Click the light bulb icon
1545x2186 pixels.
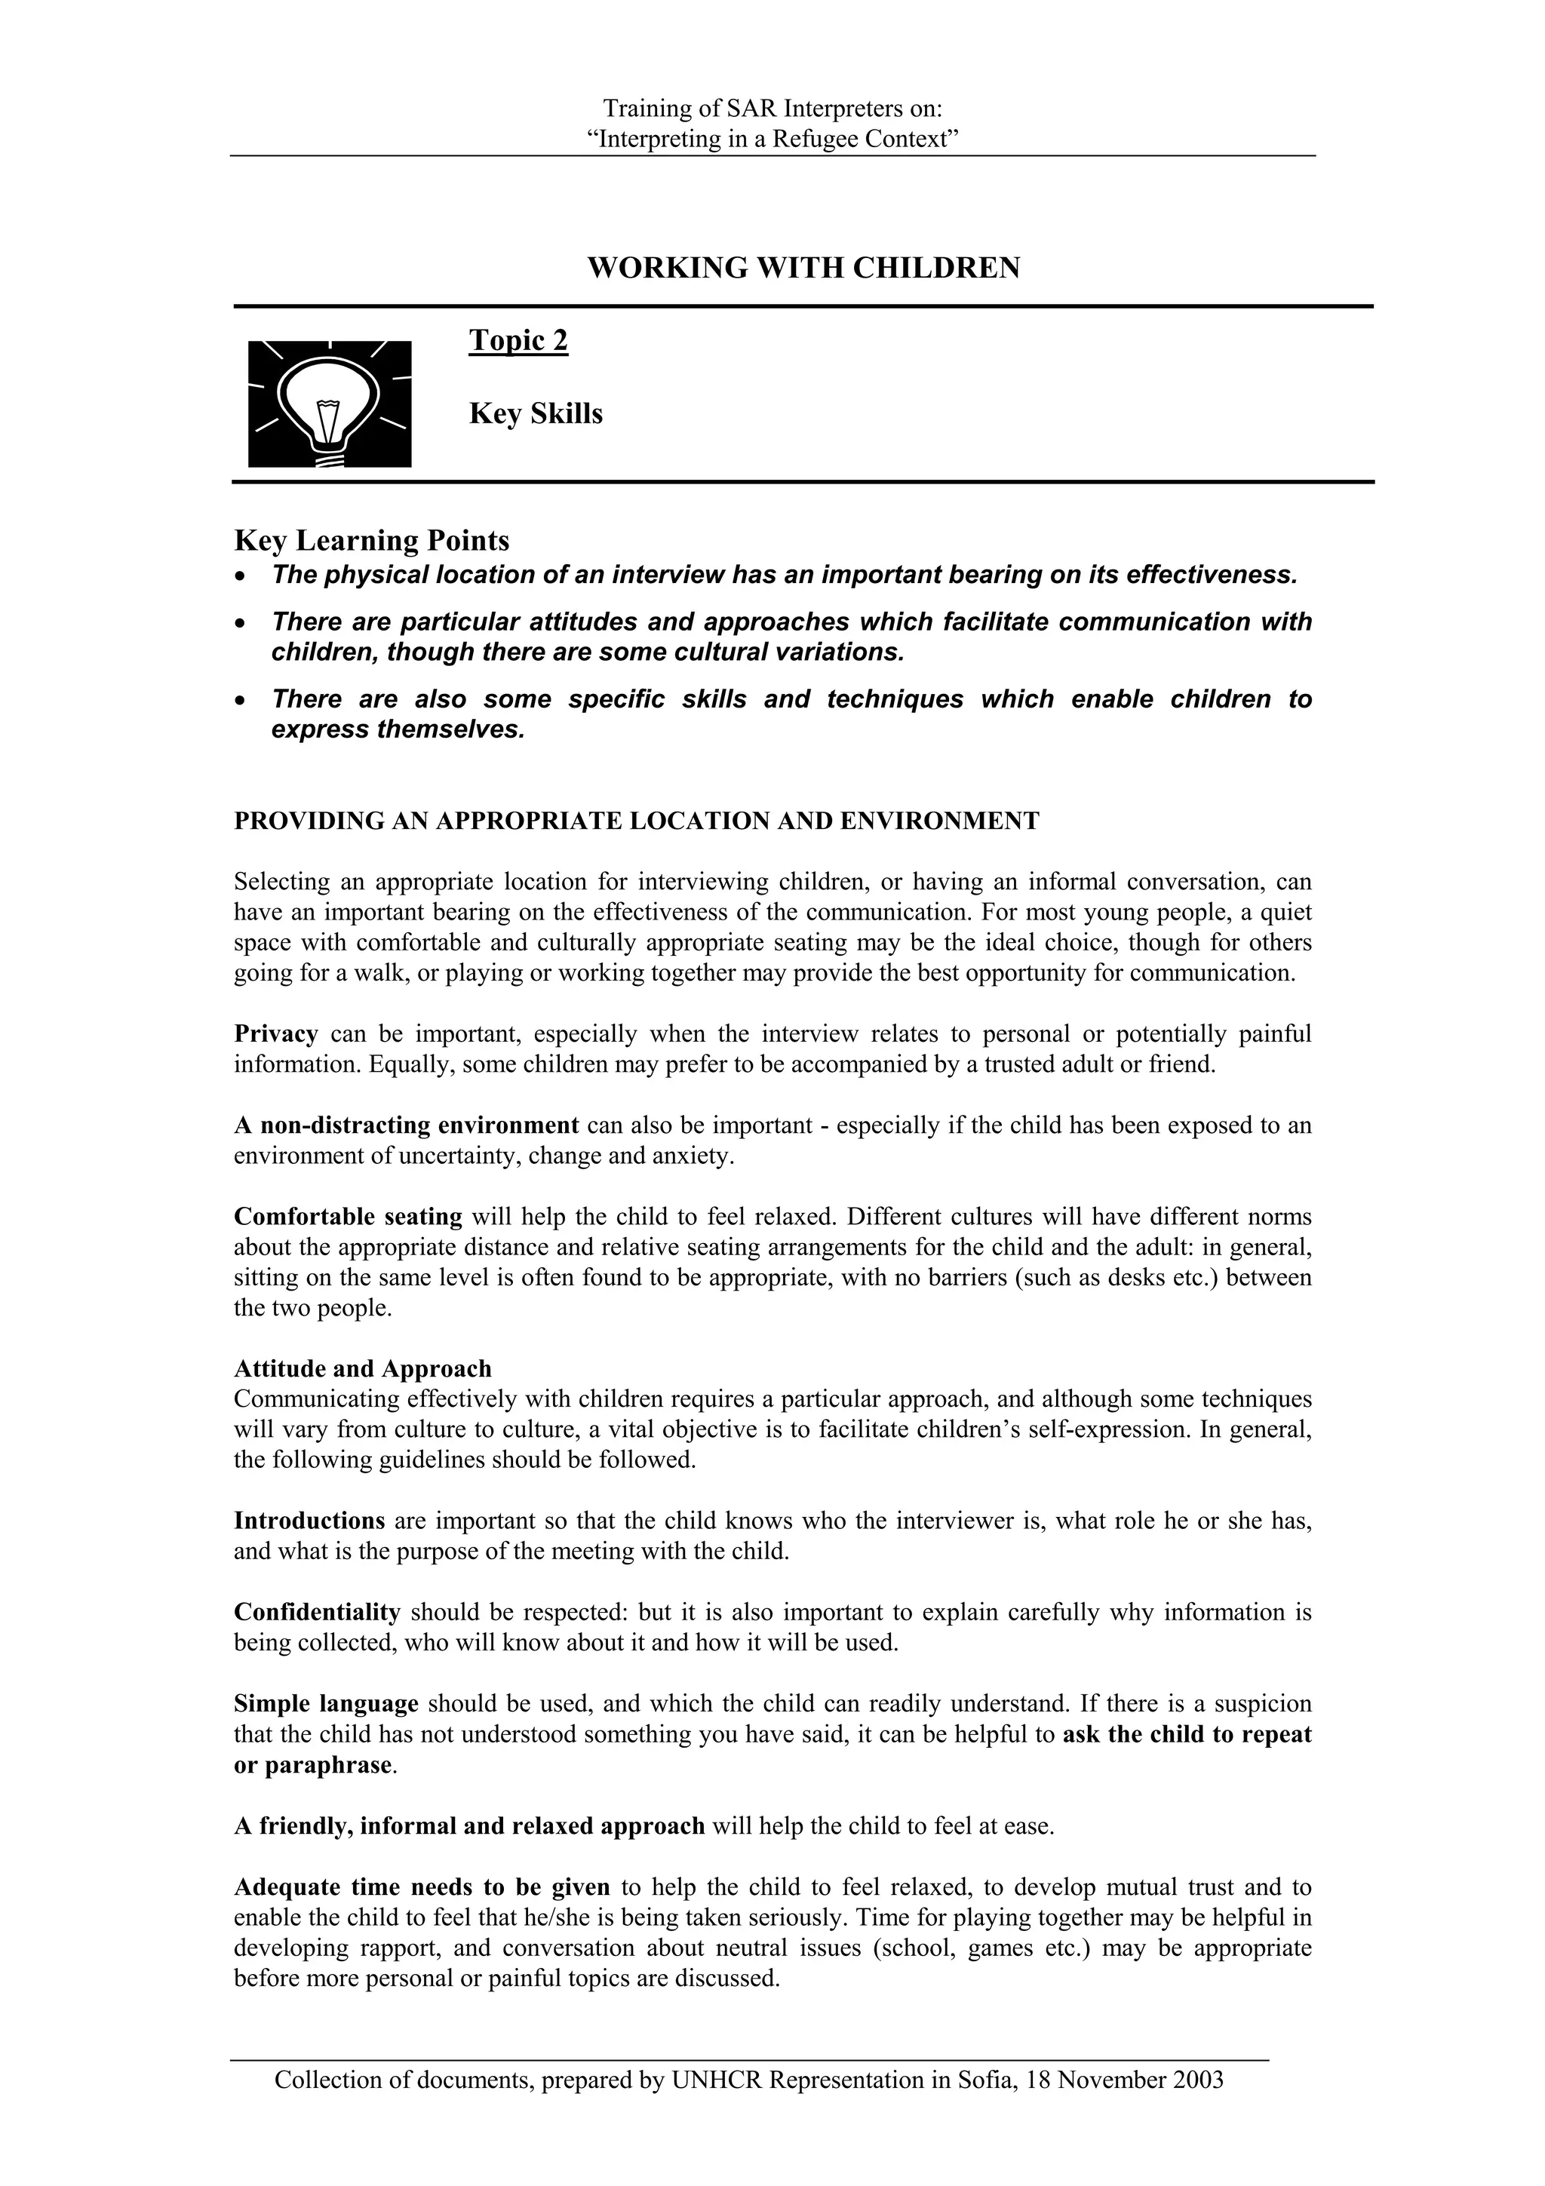pos(330,404)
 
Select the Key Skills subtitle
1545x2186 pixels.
pos(535,414)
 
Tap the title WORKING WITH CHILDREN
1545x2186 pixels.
pos(803,268)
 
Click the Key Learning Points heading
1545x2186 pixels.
pos(371,541)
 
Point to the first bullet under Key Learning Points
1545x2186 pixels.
pos(784,575)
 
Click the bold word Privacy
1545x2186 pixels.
pos(275,1034)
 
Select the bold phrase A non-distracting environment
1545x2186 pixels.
pos(407,1125)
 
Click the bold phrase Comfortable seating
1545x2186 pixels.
pos(348,1217)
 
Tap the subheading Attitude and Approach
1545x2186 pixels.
pos(363,1369)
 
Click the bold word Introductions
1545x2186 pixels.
pos(309,1521)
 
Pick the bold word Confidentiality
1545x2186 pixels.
pos(317,1612)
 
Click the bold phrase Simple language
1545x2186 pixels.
pos(326,1703)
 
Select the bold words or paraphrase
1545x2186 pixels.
pos(312,1764)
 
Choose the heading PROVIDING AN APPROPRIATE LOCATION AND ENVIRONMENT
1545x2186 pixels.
pos(636,821)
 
